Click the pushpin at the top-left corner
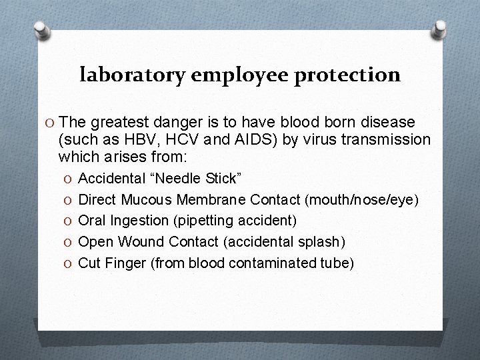(43, 30)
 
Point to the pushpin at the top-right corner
(440, 28)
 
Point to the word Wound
(141, 241)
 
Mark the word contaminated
(279, 263)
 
